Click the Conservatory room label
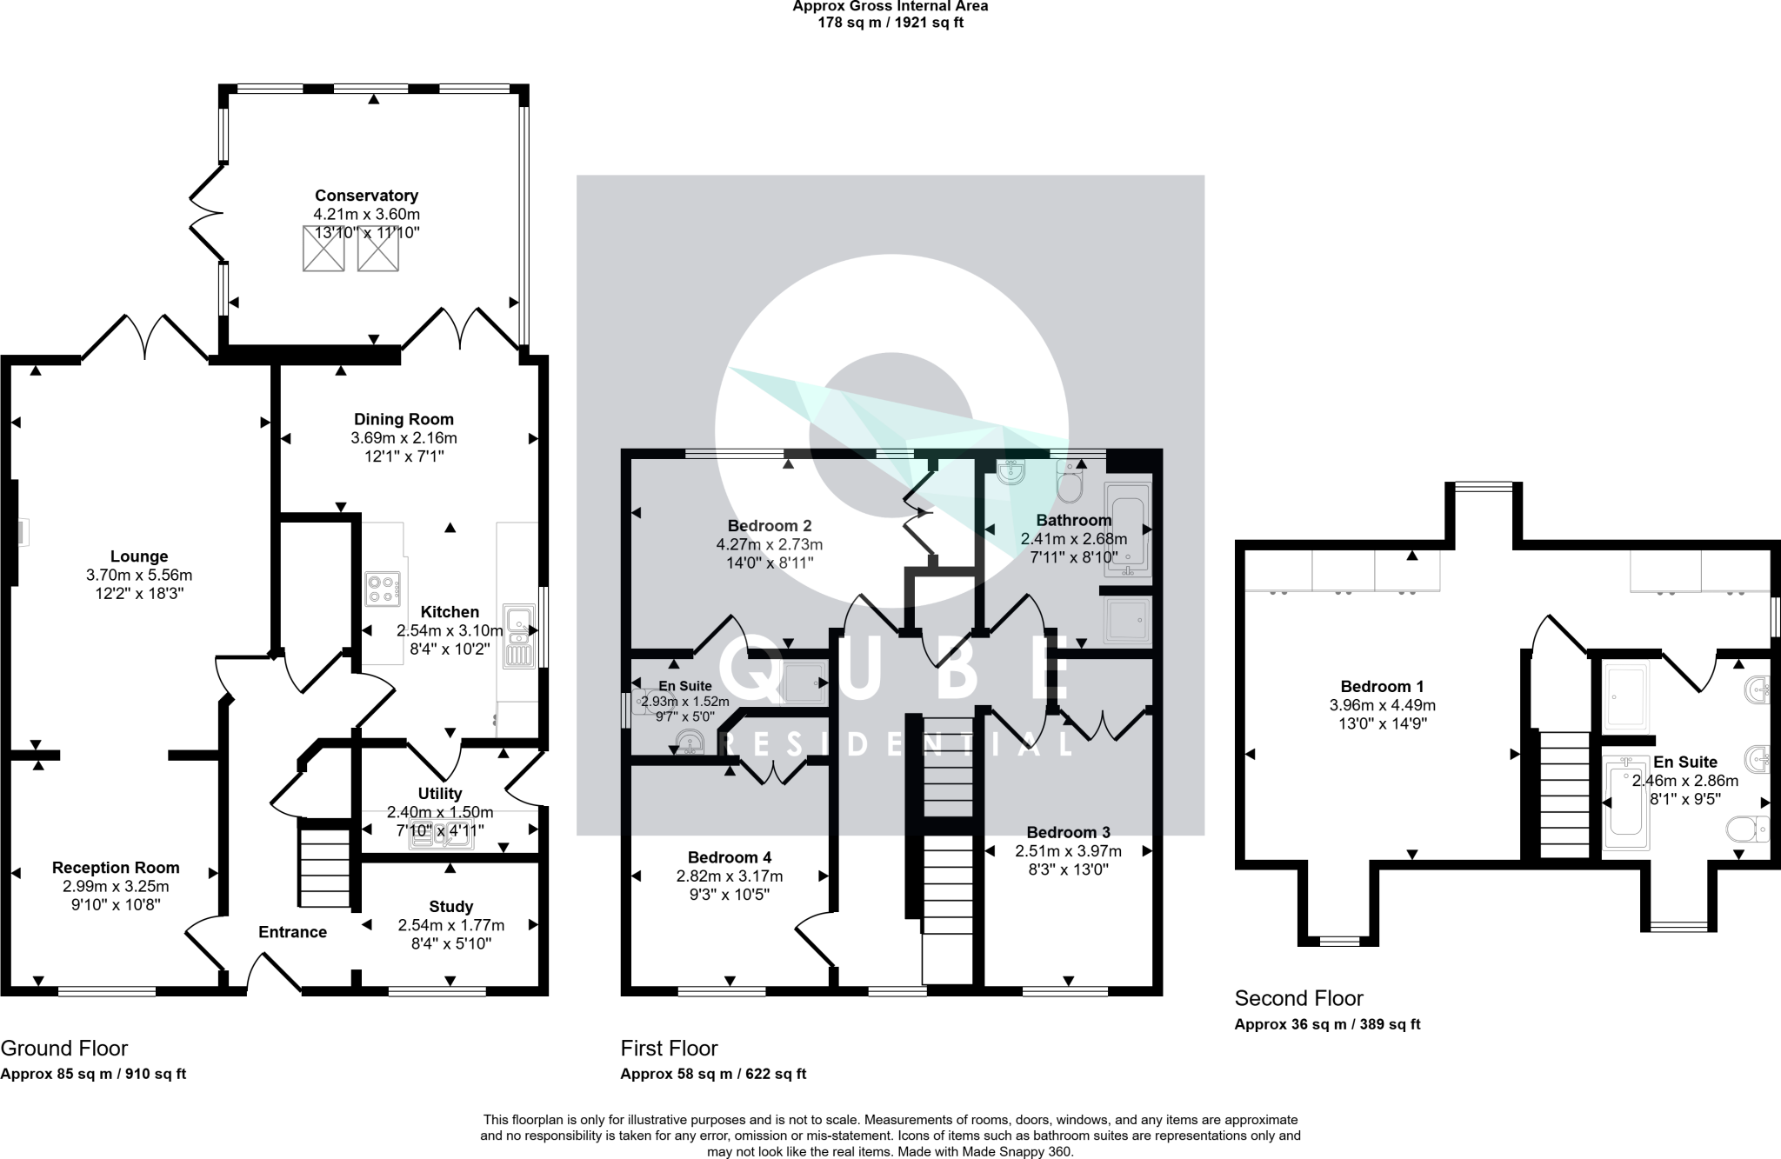coord(366,196)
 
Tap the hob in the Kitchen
coord(384,589)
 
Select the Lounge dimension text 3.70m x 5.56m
coord(139,575)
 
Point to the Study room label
coord(450,907)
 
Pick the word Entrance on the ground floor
coord(292,932)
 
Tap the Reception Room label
coord(116,868)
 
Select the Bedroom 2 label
coord(770,526)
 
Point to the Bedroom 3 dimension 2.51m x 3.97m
coord(1069,851)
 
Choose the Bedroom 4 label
coord(730,857)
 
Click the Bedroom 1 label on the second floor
coord(1383,687)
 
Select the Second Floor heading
coord(1299,998)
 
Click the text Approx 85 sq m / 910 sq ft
coord(93,1074)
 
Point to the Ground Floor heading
coord(64,1049)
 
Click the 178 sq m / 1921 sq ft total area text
coord(890,23)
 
